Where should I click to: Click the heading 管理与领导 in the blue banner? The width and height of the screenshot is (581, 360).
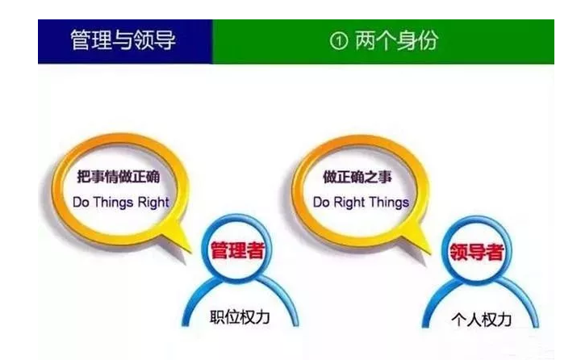pos(123,40)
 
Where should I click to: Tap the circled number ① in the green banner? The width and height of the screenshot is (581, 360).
pos(339,41)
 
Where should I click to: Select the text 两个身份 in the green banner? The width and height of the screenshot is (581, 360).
pos(396,40)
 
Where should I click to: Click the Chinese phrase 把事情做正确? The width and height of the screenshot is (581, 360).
pos(119,177)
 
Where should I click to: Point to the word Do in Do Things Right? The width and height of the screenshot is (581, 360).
pos(82,203)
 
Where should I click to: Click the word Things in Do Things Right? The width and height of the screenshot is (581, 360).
pos(114,203)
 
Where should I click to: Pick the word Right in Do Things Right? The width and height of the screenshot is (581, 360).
pos(153,203)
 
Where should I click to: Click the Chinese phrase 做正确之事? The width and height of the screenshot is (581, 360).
pos(357,177)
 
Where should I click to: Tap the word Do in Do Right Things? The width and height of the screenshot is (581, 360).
pos(321,203)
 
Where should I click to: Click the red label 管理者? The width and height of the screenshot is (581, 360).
pos(237,250)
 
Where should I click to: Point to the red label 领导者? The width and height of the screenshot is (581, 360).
pos(477,252)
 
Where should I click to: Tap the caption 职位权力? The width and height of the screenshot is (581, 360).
pos(240,317)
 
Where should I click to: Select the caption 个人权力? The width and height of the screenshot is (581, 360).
pos(481,320)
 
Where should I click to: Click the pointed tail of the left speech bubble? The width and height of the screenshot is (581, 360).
pos(191,252)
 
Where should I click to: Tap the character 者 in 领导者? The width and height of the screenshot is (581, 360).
pos(495,252)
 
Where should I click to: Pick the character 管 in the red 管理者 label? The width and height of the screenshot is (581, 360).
pos(219,250)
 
